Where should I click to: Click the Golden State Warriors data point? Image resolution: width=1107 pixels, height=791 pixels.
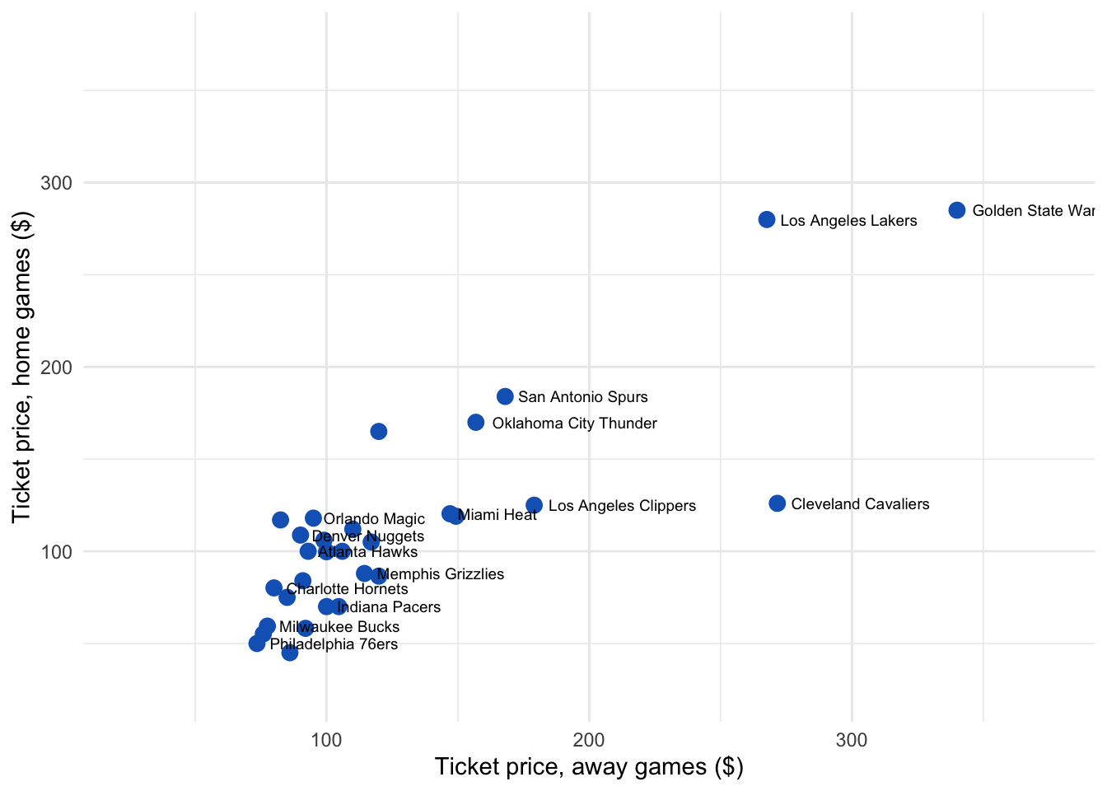(x=956, y=210)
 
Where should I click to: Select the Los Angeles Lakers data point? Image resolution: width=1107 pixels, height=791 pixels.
(x=767, y=220)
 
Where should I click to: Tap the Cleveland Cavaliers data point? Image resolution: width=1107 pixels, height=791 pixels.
(x=778, y=503)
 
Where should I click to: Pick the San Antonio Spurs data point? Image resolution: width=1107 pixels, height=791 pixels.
(x=505, y=396)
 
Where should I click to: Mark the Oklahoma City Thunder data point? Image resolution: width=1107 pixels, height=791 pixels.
(x=476, y=423)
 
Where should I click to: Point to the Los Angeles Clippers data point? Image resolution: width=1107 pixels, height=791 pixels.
(x=535, y=505)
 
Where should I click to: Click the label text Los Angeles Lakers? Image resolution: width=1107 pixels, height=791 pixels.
(x=848, y=221)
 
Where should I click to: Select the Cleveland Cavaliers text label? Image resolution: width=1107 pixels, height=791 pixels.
(x=860, y=504)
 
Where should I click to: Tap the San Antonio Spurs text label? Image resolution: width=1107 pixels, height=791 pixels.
(x=583, y=397)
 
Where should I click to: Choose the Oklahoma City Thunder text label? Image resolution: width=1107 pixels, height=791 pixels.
(x=574, y=424)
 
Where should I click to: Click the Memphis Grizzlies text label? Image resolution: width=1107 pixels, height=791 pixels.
(x=440, y=574)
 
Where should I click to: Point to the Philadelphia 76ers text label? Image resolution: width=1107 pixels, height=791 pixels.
(x=334, y=644)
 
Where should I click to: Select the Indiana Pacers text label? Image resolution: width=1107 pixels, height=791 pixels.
(x=389, y=607)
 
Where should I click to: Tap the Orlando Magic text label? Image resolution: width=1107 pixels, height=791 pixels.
(x=374, y=519)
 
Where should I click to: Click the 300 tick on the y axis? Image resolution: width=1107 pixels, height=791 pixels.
(x=57, y=183)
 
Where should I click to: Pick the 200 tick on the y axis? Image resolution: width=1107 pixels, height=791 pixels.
(x=57, y=367)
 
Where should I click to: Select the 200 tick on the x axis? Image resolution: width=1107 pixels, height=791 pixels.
(x=589, y=740)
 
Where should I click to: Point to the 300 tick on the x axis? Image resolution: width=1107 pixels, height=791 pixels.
(x=852, y=740)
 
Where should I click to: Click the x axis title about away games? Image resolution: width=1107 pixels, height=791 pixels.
(x=589, y=767)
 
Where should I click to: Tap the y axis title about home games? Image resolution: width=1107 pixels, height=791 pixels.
(x=21, y=367)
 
